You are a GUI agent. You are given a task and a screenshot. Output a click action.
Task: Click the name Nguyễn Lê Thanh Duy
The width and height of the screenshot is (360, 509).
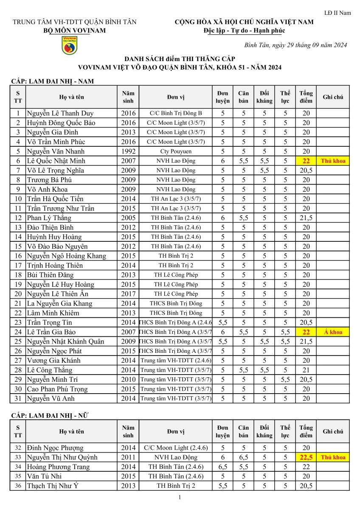pos(60,113)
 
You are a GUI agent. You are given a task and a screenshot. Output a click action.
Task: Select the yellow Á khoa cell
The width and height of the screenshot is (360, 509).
pos(333,332)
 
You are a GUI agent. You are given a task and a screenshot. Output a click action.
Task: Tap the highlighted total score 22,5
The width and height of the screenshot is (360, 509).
pos(306,457)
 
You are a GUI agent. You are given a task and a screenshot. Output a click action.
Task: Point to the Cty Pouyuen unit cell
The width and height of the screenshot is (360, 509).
pos(176,151)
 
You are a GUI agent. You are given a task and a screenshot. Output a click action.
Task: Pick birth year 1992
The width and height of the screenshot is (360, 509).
pos(128,151)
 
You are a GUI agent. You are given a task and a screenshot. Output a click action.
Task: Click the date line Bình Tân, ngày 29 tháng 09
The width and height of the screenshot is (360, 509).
pos(296,45)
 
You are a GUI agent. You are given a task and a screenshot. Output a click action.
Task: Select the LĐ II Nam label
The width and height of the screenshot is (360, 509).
pos(337,13)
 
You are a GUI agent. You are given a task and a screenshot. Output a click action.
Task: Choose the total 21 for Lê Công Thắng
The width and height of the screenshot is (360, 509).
pos(306,370)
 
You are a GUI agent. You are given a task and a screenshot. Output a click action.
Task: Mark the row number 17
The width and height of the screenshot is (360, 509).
pos(18,265)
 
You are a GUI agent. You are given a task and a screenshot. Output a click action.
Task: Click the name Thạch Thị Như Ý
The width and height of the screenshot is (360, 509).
pos(53,486)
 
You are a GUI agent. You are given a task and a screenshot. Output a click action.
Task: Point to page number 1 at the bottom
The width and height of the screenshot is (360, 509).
pos(180,497)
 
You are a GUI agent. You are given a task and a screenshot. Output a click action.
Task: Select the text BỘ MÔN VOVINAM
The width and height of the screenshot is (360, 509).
pos(75,31)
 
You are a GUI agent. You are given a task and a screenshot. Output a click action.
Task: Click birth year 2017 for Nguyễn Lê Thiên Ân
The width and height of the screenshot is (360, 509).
pos(128,294)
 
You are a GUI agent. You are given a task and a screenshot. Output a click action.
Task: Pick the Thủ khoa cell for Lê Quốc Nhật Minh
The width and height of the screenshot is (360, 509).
pos(333,161)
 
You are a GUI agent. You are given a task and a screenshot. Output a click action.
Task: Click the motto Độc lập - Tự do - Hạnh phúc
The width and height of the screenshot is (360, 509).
pos(244,31)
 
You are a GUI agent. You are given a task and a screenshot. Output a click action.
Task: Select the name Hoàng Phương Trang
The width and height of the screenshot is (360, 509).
pos(58,467)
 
